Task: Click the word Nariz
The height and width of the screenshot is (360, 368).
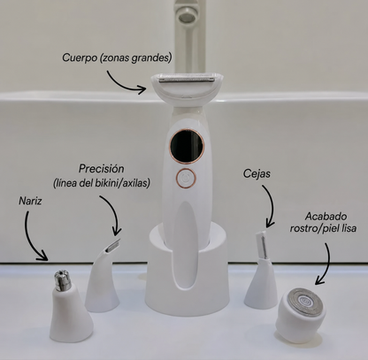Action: click(30, 201)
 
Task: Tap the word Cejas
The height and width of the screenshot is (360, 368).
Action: click(257, 173)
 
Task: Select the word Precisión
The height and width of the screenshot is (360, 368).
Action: click(101, 169)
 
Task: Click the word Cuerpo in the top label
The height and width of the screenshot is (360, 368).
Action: click(80, 57)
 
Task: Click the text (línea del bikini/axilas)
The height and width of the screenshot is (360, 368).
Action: click(102, 183)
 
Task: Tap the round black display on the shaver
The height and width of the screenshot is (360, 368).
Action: click(187, 145)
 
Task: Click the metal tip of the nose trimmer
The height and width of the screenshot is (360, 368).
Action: click(63, 280)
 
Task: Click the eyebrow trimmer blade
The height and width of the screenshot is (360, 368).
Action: click(262, 245)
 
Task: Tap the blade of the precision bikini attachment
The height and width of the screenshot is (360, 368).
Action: click(114, 245)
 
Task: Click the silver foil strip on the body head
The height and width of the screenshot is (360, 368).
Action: click(187, 80)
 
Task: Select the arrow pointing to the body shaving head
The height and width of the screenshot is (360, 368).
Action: click(123, 84)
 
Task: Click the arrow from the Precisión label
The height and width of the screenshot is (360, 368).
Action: click(114, 213)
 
